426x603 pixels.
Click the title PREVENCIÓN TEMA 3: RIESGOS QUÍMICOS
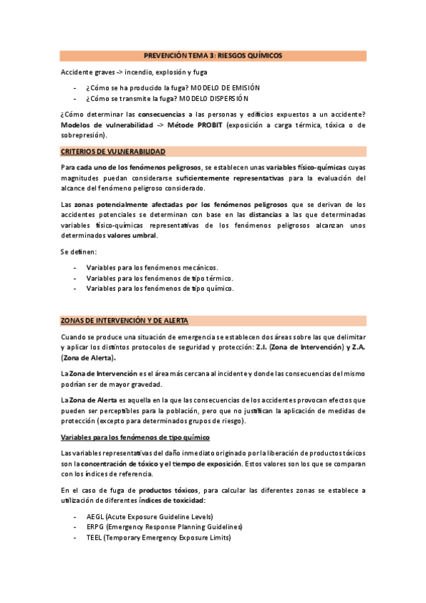(213, 55)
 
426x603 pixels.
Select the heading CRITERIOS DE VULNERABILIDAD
(113, 152)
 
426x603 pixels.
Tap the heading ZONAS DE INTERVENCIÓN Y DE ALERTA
(124, 320)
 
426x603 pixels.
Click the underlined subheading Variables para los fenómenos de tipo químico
(135, 437)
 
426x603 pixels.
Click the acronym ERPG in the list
(95, 527)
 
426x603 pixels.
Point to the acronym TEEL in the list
(95, 538)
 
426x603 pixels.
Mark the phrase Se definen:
(78, 252)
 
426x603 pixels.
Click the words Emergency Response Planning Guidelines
(174, 527)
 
